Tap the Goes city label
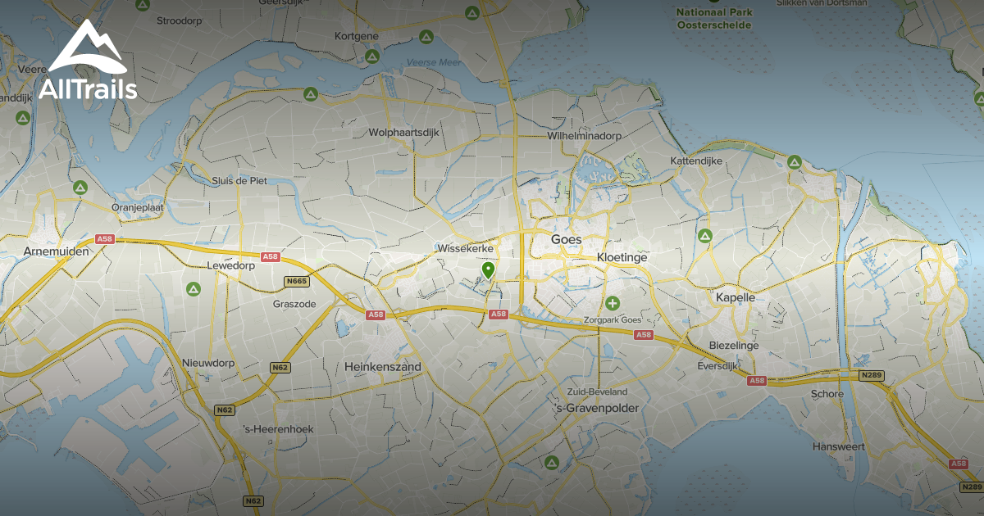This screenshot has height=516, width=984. point(566,240)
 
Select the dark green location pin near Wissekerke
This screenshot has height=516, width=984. point(488,269)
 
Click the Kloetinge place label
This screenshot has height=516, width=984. point(622,257)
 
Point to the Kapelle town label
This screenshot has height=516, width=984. point(735,297)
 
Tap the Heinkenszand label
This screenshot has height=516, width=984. point(384,368)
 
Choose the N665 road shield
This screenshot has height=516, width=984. point(296,282)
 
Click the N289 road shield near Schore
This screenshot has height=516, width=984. point(871,375)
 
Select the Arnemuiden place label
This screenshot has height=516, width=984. point(56,251)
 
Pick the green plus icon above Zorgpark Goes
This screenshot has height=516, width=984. point(612,304)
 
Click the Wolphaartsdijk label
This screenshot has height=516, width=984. point(405,132)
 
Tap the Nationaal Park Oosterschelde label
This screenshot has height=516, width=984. point(713,19)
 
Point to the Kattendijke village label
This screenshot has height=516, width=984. point(696,161)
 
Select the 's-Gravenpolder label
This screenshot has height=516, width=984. point(596,408)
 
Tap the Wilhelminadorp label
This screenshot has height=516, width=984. point(584,135)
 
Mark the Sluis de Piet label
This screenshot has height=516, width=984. point(239,180)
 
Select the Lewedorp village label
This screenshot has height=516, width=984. point(230,265)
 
